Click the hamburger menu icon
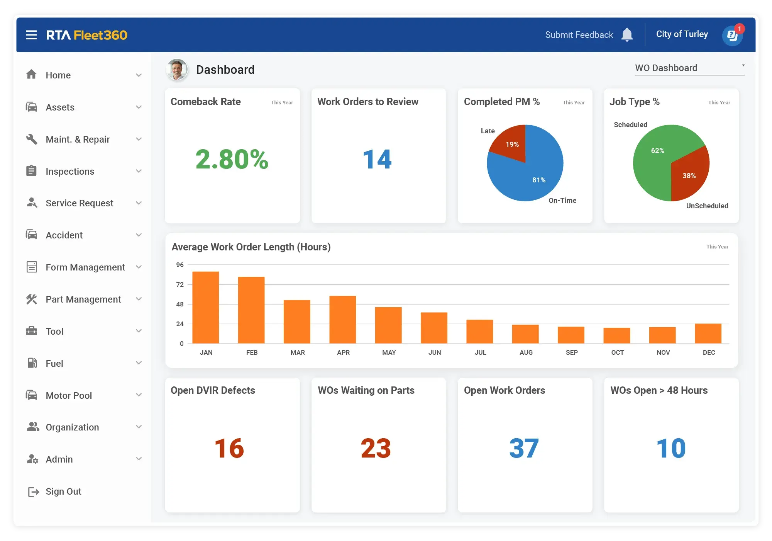31,35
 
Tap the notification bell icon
627,35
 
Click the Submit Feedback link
579,35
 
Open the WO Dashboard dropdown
689,68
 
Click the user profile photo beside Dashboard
177,70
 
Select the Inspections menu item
70,171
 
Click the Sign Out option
63,491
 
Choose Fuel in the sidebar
54,363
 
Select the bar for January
206,307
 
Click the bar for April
342,320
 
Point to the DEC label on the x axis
709,352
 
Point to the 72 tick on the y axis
180,284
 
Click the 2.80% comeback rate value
232,159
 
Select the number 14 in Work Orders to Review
377,159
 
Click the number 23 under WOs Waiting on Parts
376,448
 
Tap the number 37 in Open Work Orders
524,448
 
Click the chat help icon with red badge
732,36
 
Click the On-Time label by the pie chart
562,200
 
